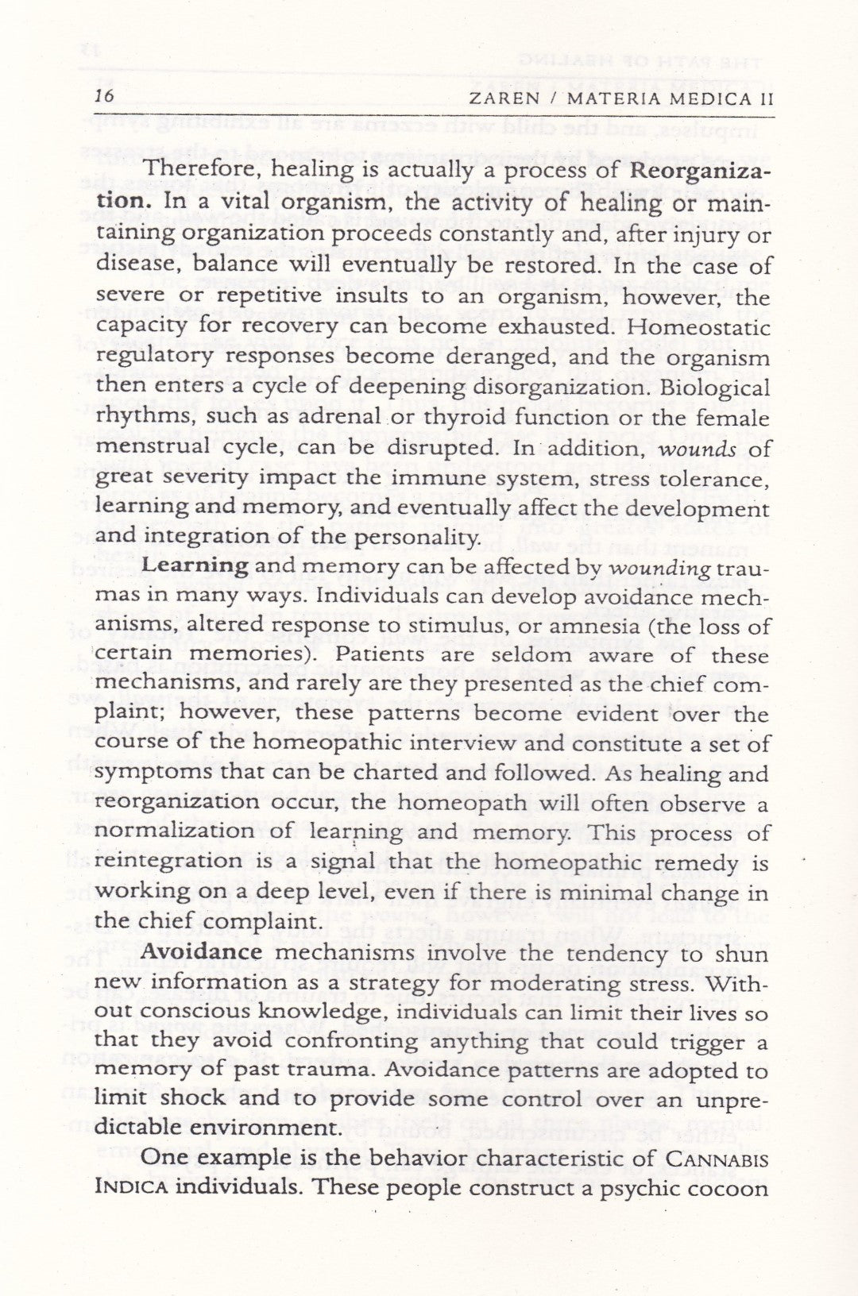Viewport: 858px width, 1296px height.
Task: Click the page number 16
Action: click(105, 97)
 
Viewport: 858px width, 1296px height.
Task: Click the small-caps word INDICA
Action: click(130, 1189)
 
